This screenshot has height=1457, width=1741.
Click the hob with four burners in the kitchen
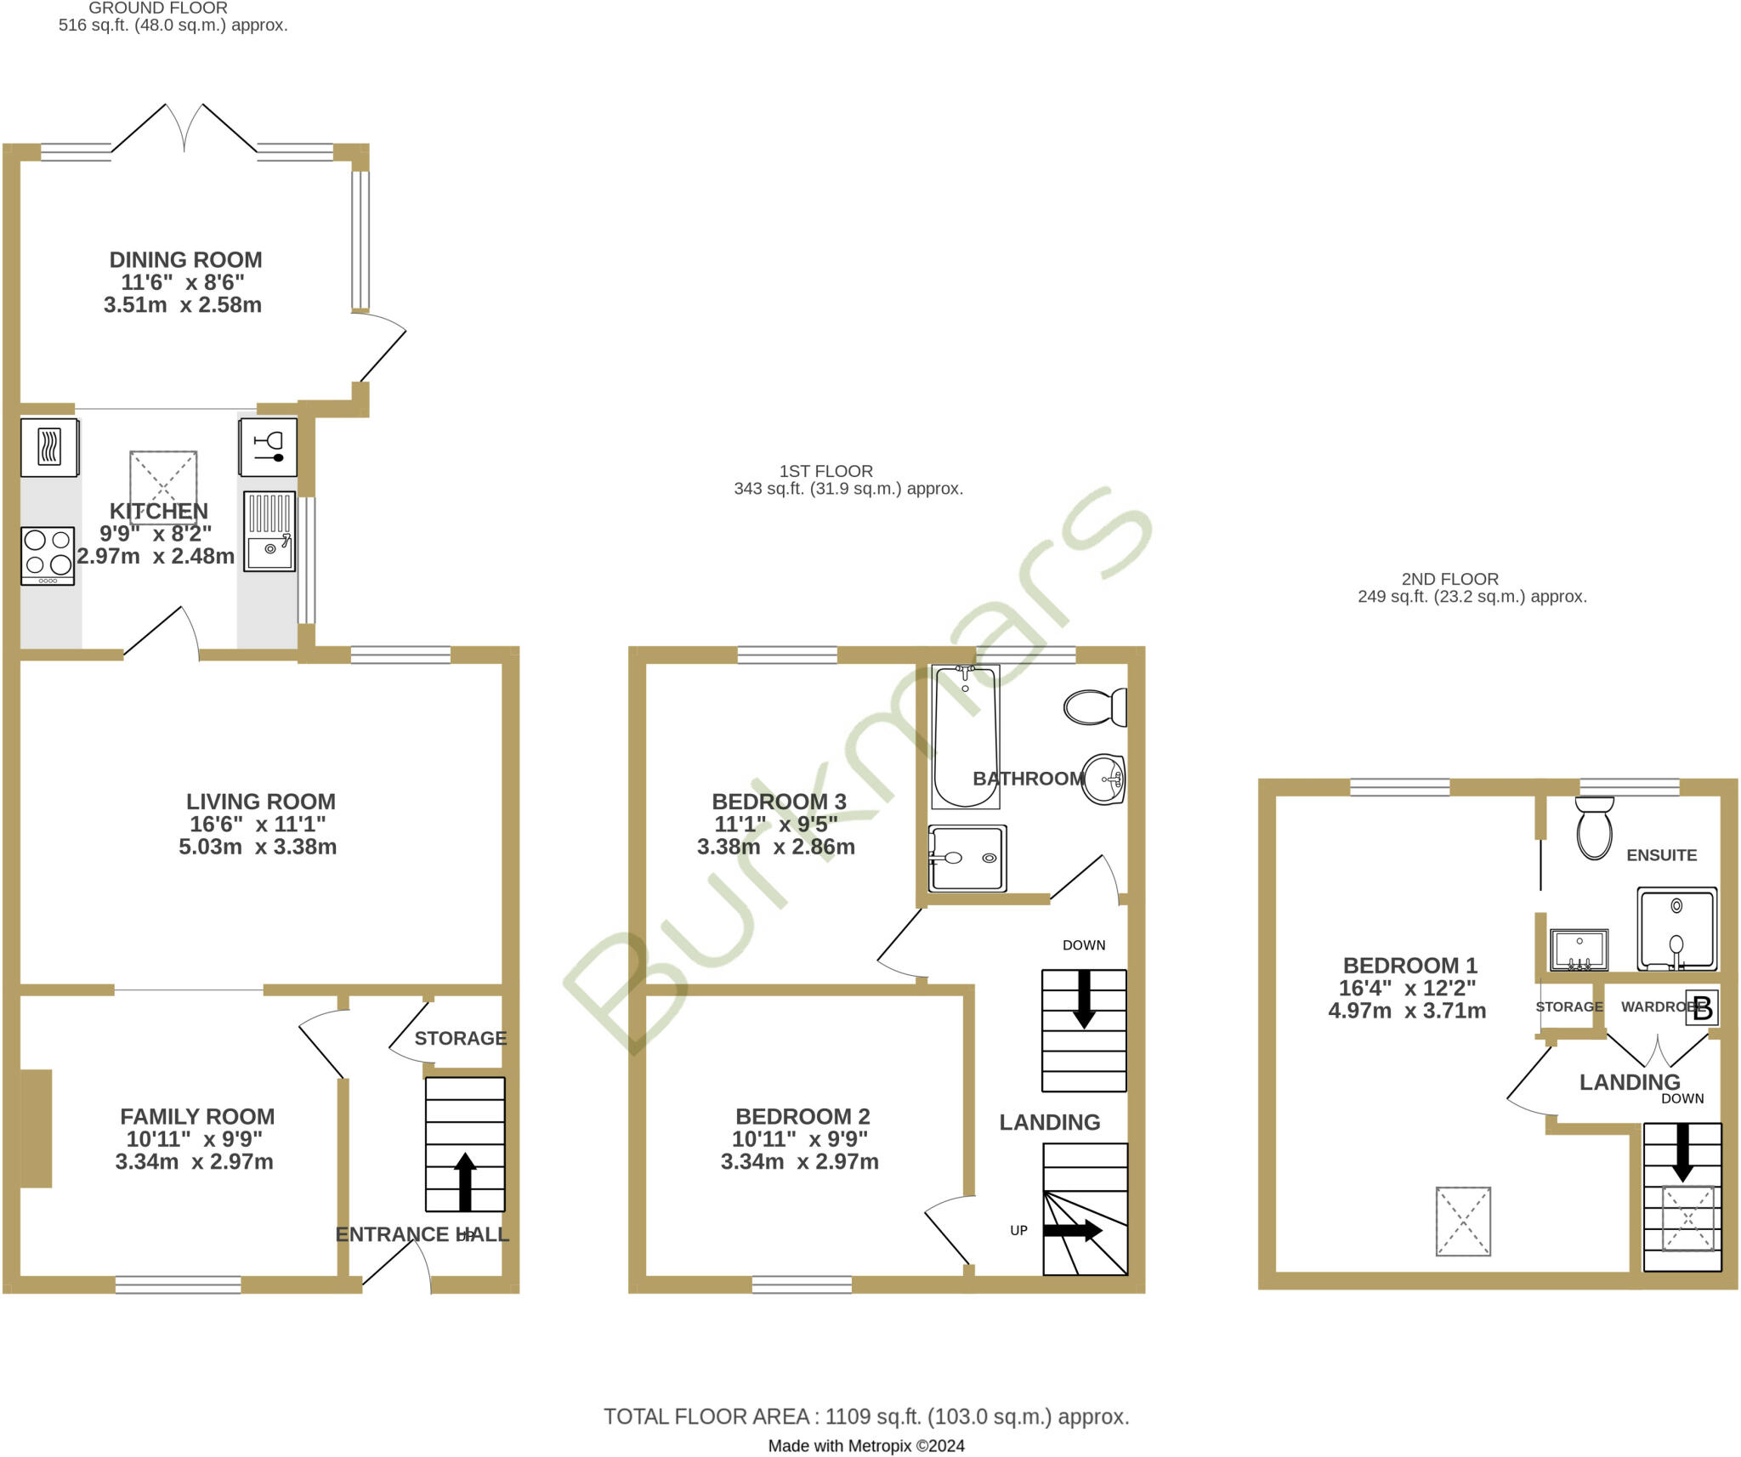[x=48, y=555]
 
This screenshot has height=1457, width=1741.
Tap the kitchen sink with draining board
[x=269, y=531]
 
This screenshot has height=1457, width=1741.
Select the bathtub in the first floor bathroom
[x=965, y=736]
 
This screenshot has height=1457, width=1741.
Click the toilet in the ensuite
[x=1594, y=828]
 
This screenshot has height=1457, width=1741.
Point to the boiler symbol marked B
[x=1702, y=1008]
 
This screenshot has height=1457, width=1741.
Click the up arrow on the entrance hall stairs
[x=465, y=1181]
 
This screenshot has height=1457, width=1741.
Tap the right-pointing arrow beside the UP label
[x=1073, y=1230]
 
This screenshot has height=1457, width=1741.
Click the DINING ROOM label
[x=185, y=259]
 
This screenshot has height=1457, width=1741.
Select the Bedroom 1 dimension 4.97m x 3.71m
[x=1407, y=1011]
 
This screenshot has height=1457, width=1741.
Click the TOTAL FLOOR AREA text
[x=865, y=1416]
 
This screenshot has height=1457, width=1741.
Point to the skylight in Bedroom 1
[x=1463, y=1221]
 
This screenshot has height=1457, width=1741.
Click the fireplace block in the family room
[x=36, y=1127]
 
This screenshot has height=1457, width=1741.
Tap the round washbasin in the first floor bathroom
[x=1104, y=779]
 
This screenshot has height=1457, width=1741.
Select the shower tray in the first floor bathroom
[x=967, y=858]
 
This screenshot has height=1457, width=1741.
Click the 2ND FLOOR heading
[x=1449, y=579]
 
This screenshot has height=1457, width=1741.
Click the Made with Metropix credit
[x=865, y=1446]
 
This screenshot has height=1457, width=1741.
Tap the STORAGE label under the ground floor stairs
[x=460, y=1038]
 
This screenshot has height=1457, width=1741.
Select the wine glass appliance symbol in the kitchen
[x=269, y=446]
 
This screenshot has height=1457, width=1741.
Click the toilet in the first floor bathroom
[x=1095, y=706]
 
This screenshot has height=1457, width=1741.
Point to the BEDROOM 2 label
[x=802, y=1116]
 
